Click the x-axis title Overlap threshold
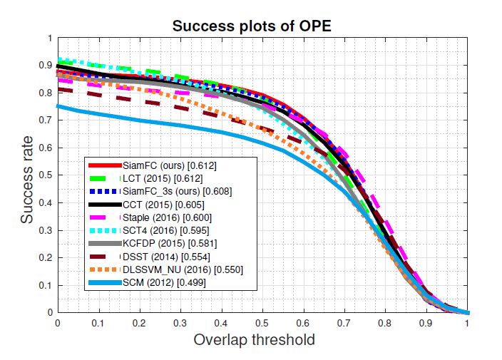coord(255,340)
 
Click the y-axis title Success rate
coord(26,175)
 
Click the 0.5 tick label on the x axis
coord(262,322)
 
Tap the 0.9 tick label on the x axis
coord(426,322)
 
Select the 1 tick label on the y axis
coord(51,38)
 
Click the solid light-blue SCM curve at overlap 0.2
coord(140,120)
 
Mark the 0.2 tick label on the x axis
coord(140,322)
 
